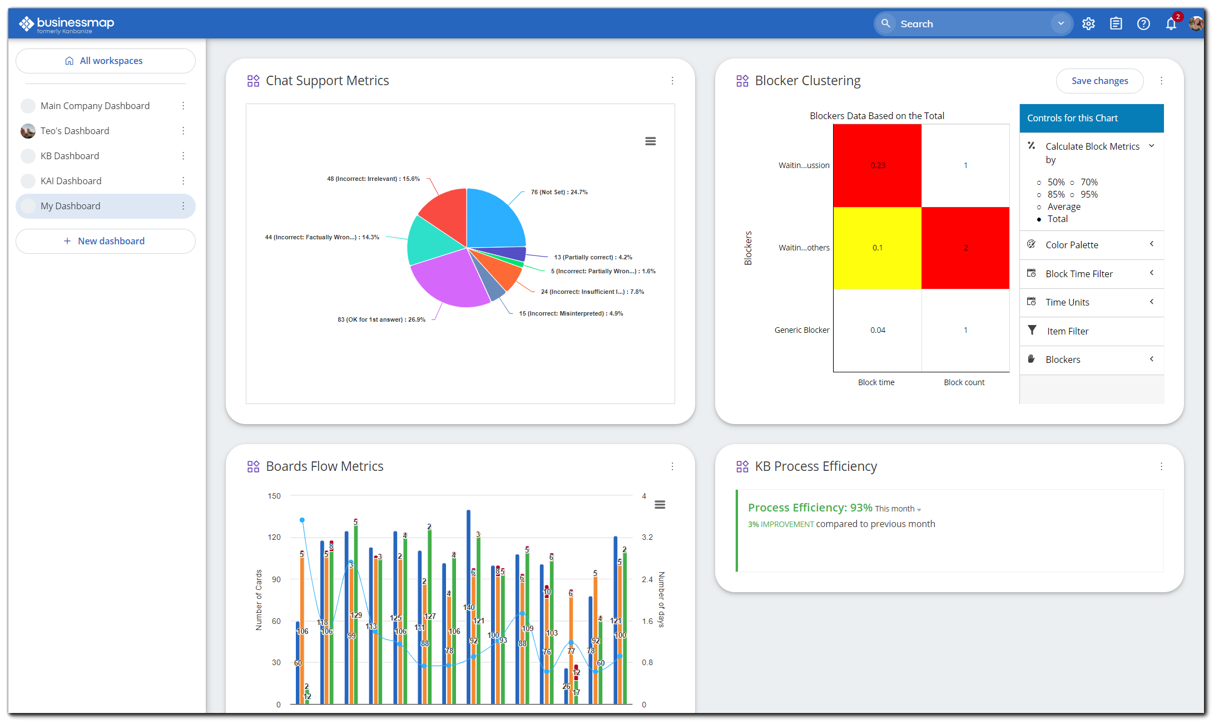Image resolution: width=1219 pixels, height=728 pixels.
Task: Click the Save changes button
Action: click(1099, 81)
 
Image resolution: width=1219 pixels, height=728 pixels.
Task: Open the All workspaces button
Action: click(106, 61)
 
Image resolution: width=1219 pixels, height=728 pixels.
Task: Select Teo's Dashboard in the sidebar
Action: click(75, 131)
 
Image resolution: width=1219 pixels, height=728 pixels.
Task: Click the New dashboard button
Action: click(106, 241)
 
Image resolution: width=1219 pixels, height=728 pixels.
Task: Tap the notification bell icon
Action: click(1171, 24)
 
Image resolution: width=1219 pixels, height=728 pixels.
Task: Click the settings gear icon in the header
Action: click(1088, 24)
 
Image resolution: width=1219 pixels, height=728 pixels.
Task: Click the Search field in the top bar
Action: click(968, 24)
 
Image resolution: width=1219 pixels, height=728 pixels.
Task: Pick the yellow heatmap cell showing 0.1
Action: click(877, 248)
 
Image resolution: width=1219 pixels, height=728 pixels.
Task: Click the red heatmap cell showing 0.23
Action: click(877, 165)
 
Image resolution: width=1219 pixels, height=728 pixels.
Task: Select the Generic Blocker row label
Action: click(801, 330)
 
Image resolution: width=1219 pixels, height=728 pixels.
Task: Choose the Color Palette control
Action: click(1072, 245)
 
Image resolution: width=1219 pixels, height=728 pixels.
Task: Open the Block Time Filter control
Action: click(1079, 274)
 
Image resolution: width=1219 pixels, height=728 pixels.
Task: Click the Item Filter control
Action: click(1068, 331)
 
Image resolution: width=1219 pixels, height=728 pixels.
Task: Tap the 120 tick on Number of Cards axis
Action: click(274, 537)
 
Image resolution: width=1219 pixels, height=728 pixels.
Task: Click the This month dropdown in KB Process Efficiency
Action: click(898, 509)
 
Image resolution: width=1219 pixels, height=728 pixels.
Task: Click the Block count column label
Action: click(964, 382)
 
